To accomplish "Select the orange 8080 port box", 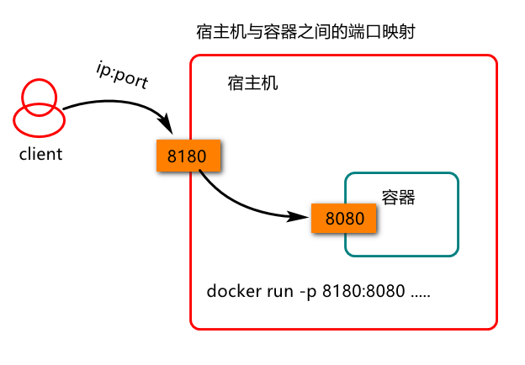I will [x=343, y=219].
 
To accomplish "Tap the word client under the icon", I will [x=40, y=155].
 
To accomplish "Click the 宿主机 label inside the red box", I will [x=252, y=84].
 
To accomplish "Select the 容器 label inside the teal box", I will [x=399, y=198].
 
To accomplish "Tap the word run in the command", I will [x=274, y=293].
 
